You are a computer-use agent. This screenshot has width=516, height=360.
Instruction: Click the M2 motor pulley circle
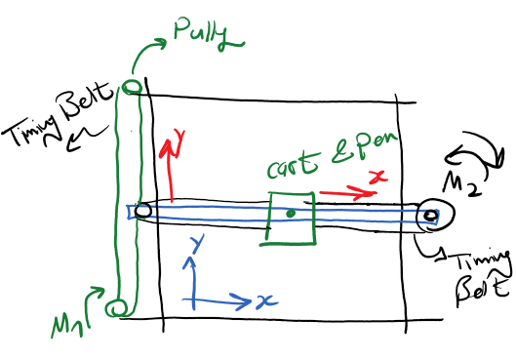tap(429, 216)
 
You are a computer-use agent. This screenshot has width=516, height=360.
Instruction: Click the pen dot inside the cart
tap(290, 212)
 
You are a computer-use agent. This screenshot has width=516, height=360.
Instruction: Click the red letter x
tap(382, 177)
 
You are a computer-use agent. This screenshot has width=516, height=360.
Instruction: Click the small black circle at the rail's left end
tap(142, 210)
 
